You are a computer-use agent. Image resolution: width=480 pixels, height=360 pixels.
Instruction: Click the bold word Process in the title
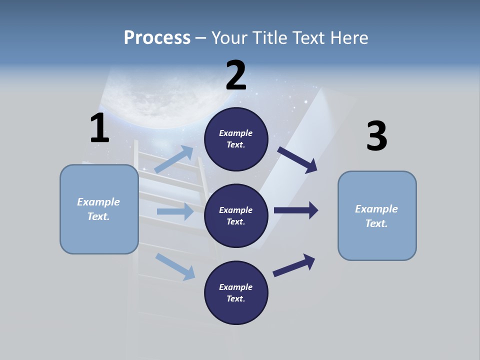tap(157, 37)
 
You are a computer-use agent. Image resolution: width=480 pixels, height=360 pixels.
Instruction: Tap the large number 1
tap(99, 128)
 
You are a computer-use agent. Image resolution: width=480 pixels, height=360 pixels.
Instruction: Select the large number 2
tap(236, 75)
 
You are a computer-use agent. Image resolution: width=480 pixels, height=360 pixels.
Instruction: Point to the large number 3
tap(376, 136)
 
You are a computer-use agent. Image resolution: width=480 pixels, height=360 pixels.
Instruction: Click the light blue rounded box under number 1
tap(99, 209)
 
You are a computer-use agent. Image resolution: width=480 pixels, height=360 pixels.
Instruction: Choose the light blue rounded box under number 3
tap(377, 215)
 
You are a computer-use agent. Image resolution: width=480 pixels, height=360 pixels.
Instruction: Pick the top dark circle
tap(236, 139)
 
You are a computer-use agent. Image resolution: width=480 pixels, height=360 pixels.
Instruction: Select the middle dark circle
tap(236, 215)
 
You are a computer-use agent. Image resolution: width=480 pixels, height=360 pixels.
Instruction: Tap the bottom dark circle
tap(236, 292)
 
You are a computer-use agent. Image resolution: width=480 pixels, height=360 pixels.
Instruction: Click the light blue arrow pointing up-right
tap(174, 159)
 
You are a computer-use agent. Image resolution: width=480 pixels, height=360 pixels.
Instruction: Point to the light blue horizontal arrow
tap(175, 211)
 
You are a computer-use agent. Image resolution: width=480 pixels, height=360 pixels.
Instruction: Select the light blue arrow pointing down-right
tap(175, 266)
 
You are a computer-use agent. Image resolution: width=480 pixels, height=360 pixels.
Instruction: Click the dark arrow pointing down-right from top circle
tap(297, 159)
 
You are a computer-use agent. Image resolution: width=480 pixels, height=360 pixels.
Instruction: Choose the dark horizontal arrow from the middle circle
tap(296, 210)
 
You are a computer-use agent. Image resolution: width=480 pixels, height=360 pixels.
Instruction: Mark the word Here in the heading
tap(350, 37)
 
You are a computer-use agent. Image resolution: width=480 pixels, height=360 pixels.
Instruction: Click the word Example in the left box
tap(98, 202)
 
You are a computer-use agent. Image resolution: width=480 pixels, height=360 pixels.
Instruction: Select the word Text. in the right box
tap(376, 223)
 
